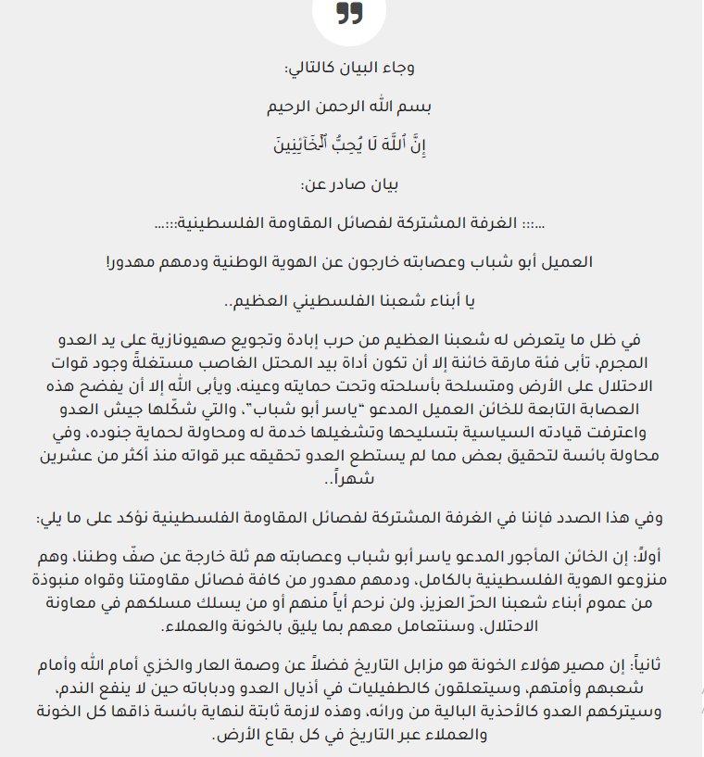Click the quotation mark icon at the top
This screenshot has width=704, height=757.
click(349, 13)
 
